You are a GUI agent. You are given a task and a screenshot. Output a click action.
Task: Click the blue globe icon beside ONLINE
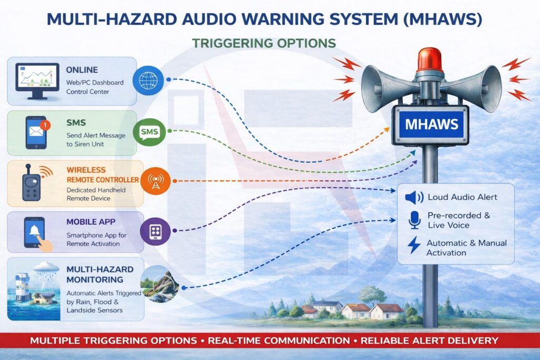click(x=148, y=81)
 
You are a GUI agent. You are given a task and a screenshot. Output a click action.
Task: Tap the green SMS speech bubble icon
click(x=149, y=131)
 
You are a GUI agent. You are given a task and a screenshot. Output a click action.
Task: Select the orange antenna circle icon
click(x=156, y=181)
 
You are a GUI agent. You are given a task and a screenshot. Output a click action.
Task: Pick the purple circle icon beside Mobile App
click(x=156, y=231)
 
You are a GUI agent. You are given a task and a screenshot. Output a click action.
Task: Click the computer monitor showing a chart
click(x=37, y=81)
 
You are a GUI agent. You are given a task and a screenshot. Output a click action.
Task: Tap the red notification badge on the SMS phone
click(x=45, y=125)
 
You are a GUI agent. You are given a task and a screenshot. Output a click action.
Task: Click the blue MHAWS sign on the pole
click(x=431, y=124)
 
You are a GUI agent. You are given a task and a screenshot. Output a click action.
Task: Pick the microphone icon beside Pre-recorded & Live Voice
click(x=414, y=220)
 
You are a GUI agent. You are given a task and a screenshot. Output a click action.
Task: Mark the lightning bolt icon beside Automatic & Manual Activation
click(x=414, y=245)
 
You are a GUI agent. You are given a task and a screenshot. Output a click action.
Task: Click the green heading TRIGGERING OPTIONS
click(x=264, y=43)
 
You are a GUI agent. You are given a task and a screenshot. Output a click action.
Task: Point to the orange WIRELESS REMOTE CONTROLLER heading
click(x=103, y=175)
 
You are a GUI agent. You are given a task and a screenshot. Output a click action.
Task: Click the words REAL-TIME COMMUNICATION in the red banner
click(x=279, y=340)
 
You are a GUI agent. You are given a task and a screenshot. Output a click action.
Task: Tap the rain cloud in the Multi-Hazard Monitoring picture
click(x=46, y=267)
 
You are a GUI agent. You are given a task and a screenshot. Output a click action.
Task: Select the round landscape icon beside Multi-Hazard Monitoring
click(x=159, y=284)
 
